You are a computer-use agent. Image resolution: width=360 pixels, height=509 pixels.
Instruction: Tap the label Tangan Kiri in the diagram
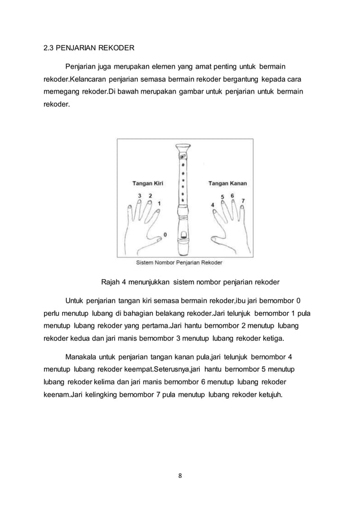pos(147,183)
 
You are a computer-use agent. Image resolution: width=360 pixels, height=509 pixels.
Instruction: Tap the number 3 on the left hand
pos(140,195)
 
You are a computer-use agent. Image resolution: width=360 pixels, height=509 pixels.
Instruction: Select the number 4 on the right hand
pos(212,204)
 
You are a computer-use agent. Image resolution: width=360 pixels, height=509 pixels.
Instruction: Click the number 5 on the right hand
pos(222,196)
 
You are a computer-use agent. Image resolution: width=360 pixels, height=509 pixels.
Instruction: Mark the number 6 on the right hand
pos(232,195)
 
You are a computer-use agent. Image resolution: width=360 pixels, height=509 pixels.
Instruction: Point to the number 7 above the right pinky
pos(243,200)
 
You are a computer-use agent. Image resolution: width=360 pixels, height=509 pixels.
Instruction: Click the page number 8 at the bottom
pos(180,475)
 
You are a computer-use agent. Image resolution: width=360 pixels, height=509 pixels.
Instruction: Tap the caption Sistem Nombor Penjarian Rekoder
pos(180,262)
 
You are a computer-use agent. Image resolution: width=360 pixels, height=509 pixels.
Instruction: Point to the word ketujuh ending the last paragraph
pos(273,394)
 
